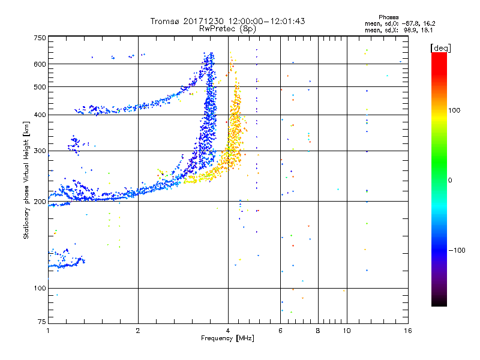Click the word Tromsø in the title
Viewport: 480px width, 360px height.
[x=164, y=21]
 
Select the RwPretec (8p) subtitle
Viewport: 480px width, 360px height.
[x=228, y=28]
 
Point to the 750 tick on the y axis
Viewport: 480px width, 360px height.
[x=40, y=37]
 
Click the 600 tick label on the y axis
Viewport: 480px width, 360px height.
[x=40, y=64]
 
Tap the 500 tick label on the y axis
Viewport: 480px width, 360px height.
[x=40, y=87]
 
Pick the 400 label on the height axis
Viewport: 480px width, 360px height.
[x=40, y=115]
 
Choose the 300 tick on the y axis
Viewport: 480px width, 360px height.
[x=40, y=151]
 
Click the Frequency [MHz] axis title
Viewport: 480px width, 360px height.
[x=228, y=339]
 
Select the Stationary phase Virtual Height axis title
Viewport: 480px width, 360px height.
[x=26, y=180]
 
